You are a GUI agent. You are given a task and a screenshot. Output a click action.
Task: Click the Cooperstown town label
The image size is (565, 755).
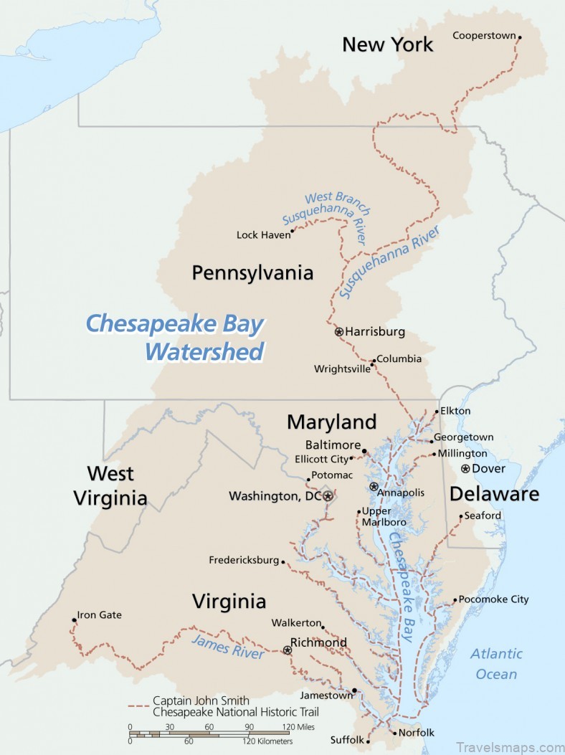coord(484,34)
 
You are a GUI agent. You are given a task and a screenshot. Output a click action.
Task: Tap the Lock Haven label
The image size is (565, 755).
coord(263,234)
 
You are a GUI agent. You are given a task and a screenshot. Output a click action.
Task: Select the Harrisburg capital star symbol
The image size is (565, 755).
coord(339,332)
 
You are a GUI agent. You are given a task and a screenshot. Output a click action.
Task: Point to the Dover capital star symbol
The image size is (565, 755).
coord(465,469)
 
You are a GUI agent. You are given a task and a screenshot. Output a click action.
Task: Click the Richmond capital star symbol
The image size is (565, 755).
coord(288,650)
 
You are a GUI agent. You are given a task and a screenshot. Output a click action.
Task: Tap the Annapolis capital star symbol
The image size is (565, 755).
coord(374,487)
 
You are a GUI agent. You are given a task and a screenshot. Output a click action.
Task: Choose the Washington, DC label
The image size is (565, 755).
coord(275,496)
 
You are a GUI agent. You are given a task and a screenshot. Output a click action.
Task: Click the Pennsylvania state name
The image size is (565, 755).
coord(252,273)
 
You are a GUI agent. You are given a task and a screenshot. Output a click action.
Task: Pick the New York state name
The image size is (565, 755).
coord(387,44)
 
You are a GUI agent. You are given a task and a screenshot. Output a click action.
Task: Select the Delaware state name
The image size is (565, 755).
coord(494,493)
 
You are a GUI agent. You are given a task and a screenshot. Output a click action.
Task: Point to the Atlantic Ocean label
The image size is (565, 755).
coord(496,664)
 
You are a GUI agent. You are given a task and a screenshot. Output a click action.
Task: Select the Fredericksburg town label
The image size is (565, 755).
coord(243,559)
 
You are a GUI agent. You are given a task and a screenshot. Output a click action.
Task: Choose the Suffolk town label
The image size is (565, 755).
coord(347,739)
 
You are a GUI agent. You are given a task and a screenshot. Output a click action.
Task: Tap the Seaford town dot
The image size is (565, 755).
coord(461,516)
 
